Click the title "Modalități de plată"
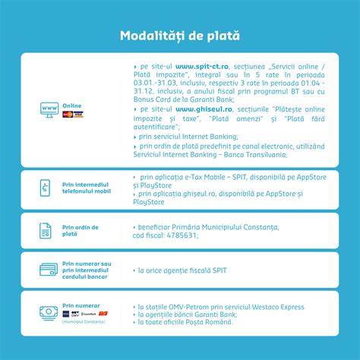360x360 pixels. (x=180, y=35)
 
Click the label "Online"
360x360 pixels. (x=72, y=106)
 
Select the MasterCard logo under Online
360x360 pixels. (x=68, y=114)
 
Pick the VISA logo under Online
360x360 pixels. (x=78, y=114)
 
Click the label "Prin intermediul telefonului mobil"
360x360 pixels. (x=86, y=188)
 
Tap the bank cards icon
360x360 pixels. (x=48, y=270)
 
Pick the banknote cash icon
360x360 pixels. (x=49, y=313)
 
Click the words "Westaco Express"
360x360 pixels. (x=276, y=306)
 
